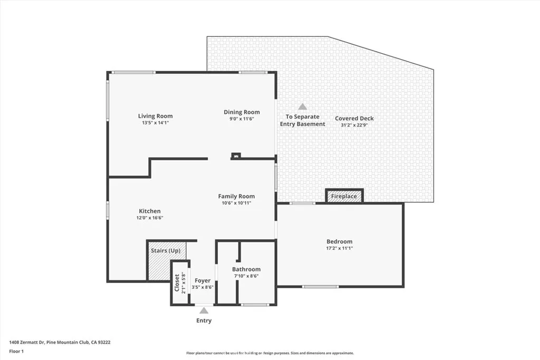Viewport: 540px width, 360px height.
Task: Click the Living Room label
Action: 155,116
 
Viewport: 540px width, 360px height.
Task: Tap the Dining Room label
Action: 242,112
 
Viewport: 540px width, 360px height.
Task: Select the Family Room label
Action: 236,196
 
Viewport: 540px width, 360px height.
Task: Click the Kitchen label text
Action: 150,211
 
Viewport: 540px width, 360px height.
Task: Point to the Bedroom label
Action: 339,241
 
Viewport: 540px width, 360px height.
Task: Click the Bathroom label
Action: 247,269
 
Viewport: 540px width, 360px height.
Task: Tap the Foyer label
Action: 202,280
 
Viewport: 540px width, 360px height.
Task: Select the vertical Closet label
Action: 177,283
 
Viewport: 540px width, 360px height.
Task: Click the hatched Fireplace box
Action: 344,196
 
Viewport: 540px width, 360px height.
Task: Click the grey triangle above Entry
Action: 204,311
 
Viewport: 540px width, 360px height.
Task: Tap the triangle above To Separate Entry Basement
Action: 302,106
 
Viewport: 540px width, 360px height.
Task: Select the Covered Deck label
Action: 354,119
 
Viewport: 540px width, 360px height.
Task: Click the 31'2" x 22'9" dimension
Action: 354,125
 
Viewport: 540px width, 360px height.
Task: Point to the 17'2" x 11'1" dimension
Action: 339,248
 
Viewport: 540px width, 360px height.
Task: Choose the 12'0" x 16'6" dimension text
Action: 150,218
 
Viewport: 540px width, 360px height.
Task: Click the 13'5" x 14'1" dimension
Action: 155,123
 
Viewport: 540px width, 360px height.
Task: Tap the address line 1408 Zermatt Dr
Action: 60,342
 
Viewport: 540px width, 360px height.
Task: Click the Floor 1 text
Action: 16,351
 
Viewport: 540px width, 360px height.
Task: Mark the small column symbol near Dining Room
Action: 236,155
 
